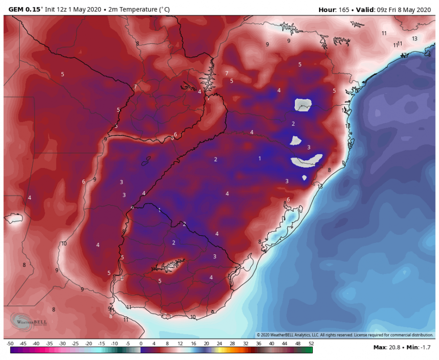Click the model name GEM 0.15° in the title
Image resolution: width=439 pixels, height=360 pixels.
click(23, 9)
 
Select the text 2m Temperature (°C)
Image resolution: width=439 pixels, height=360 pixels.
click(139, 9)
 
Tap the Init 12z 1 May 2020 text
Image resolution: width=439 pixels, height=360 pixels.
click(73, 9)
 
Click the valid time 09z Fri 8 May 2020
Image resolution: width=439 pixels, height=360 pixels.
click(404, 9)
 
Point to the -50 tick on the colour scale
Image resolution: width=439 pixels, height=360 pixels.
click(10, 344)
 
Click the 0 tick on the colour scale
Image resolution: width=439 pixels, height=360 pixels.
click(141, 344)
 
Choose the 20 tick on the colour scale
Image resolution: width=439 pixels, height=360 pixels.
click(206, 344)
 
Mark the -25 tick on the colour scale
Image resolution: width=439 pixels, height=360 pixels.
click(75, 344)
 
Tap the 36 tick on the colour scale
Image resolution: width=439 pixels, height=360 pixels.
click(259, 344)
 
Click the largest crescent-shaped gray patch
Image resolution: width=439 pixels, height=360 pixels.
click(306, 161)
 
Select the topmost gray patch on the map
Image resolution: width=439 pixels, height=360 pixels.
click(303, 104)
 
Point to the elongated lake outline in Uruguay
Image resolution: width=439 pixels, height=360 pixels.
click(168, 265)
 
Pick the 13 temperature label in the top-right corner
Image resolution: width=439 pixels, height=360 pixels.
click(415, 38)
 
